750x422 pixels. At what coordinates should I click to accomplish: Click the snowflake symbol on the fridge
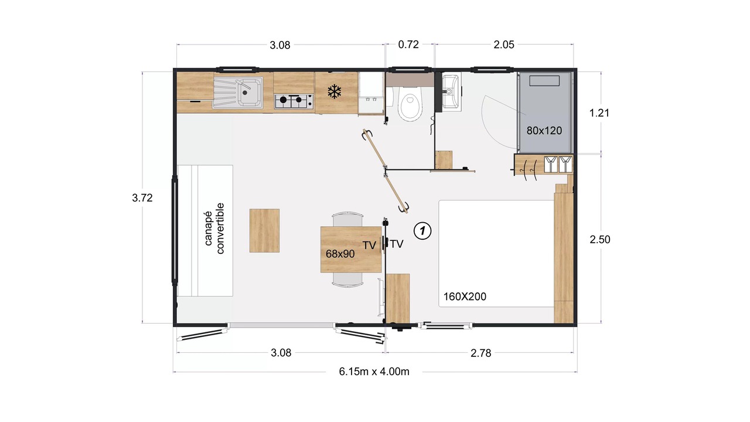334,91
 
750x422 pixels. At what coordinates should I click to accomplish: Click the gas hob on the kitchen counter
294,101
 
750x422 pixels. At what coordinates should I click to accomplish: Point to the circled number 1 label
422,231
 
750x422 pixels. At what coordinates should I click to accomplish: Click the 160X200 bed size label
465,297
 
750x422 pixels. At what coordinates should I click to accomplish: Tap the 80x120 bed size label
544,131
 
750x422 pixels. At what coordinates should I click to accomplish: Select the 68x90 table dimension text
340,254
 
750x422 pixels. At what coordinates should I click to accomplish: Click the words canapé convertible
214,229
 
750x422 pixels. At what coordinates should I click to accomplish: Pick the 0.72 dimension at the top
408,45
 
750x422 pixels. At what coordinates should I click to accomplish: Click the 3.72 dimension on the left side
142,198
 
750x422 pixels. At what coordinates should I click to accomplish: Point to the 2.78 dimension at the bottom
481,353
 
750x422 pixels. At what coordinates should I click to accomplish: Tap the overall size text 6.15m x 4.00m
374,372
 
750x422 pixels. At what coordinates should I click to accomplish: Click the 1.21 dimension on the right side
599,113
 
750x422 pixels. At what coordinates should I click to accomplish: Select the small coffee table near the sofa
264,230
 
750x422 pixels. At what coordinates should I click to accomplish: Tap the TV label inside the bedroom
397,244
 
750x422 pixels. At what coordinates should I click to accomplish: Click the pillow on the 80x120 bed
544,81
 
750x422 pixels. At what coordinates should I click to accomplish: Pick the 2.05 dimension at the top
504,45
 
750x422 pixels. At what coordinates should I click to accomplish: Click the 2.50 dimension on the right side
600,240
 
